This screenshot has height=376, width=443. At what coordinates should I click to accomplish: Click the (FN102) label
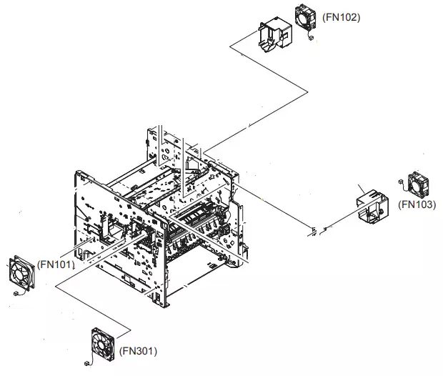(342, 16)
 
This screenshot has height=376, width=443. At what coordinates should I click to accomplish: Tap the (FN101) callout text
(55, 264)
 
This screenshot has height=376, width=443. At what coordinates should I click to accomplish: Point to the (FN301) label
(138, 351)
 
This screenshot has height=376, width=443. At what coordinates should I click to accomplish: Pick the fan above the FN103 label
(417, 184)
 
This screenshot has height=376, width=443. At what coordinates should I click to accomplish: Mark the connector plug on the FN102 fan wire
(312, 39)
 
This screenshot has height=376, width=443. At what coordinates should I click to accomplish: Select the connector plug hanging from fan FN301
(86, 363)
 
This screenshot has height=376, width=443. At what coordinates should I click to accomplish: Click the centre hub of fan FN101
(19, 272)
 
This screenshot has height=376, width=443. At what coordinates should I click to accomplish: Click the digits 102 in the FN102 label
(349, 16)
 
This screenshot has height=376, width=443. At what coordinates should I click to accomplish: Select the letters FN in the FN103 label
(410, 204)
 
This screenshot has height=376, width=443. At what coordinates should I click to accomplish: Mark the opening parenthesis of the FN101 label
(39, 264)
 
